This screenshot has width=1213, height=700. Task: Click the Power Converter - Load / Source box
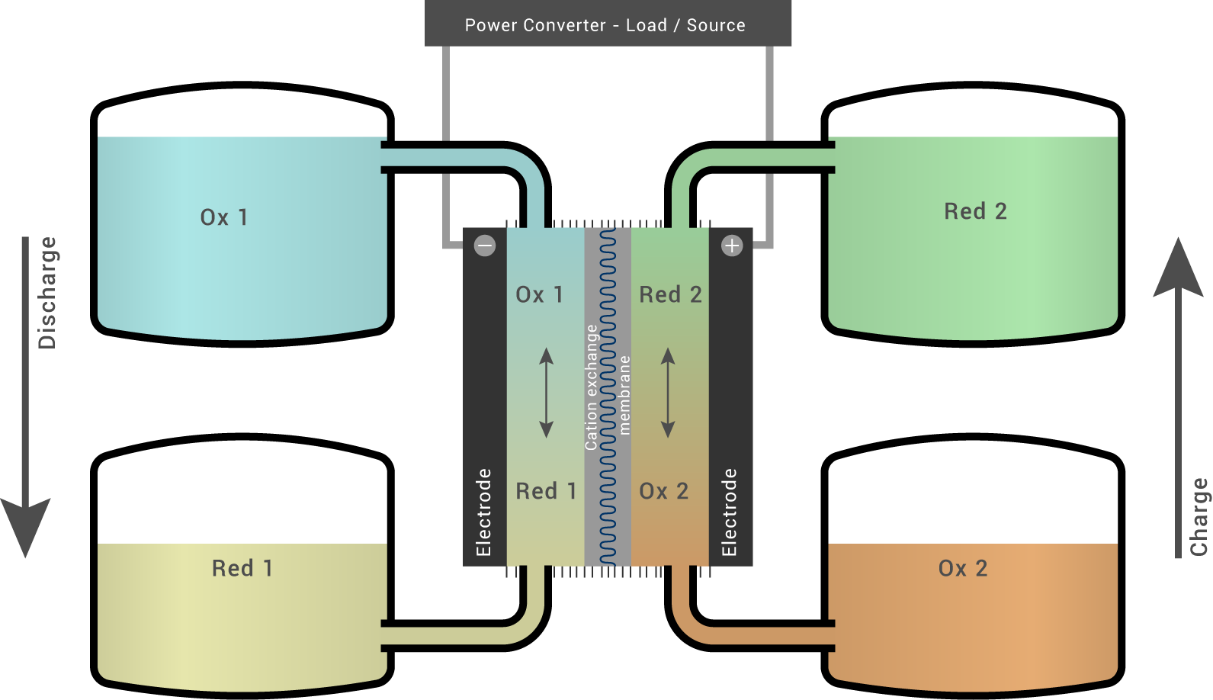point(608,24)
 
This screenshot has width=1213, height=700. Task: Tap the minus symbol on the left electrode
point(485,246)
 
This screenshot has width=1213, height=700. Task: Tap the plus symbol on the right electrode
point(732,246)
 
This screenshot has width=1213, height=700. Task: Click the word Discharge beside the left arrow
point(47,293)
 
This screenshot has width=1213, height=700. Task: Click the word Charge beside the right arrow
point(1199,516)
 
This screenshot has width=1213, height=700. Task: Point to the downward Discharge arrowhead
point(25,526)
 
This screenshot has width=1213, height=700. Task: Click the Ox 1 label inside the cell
point(539,294)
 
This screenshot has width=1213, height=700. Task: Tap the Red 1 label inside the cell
point(546,491)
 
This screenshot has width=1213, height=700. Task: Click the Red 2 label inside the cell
point(670,294)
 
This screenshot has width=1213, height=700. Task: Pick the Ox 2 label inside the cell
point(663,491)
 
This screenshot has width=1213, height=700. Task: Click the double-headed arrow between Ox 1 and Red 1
point(546,393)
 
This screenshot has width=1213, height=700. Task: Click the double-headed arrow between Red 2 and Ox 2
point(668,393)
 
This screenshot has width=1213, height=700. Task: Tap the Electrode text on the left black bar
point(483,512)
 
